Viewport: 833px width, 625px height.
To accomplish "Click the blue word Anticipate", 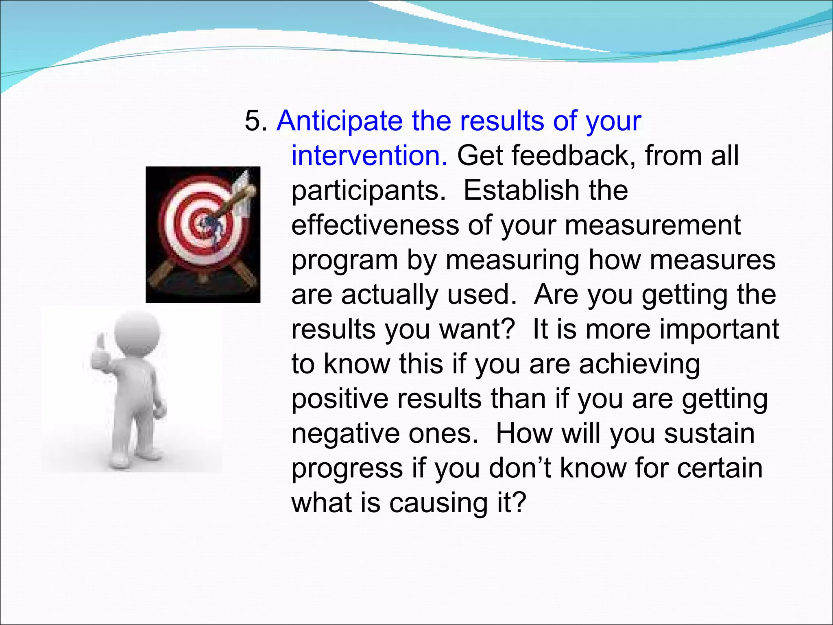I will (x=340, y=122).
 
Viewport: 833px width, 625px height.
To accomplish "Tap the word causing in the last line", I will (x=438, y=503).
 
